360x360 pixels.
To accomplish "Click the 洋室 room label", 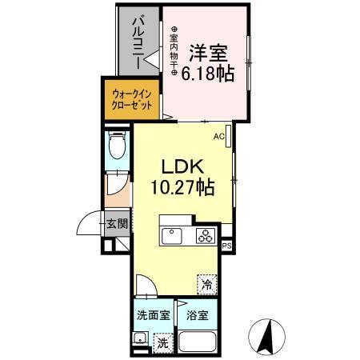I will tap(207, 54).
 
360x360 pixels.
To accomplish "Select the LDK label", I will tap(186, 169).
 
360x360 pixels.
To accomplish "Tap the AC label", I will tap(218, 137).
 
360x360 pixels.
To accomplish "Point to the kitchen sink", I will tap(173, 236).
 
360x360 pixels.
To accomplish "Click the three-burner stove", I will tap(205, 236).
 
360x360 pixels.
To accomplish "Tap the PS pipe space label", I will tap(227, 246).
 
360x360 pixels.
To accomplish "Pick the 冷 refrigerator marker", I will tap(207, 284).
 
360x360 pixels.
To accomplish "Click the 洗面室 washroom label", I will tap(152, 314).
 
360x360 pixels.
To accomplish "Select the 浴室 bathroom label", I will tap(198, 315).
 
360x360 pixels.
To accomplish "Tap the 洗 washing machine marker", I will tap(162, 343).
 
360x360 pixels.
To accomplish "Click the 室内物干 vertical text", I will tap(174, 54).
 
